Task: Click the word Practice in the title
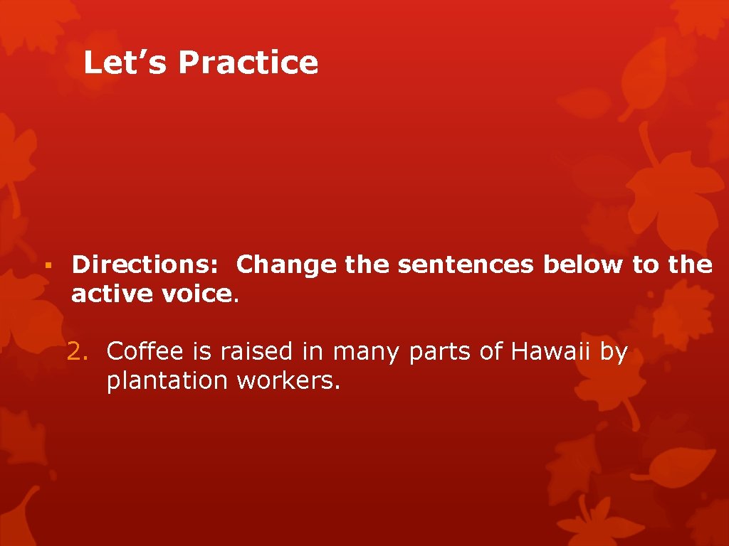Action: [248, 63]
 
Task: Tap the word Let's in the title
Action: [125, 63]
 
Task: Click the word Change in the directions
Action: [286, 264]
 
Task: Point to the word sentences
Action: [466, 264]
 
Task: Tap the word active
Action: [107, 294]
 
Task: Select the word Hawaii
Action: [547, 351]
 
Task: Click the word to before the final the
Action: [646, 265]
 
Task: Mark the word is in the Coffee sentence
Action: [202, 351]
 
